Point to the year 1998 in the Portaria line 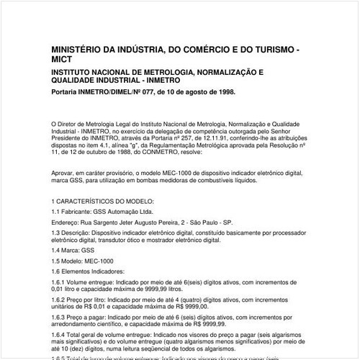(225, 93)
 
